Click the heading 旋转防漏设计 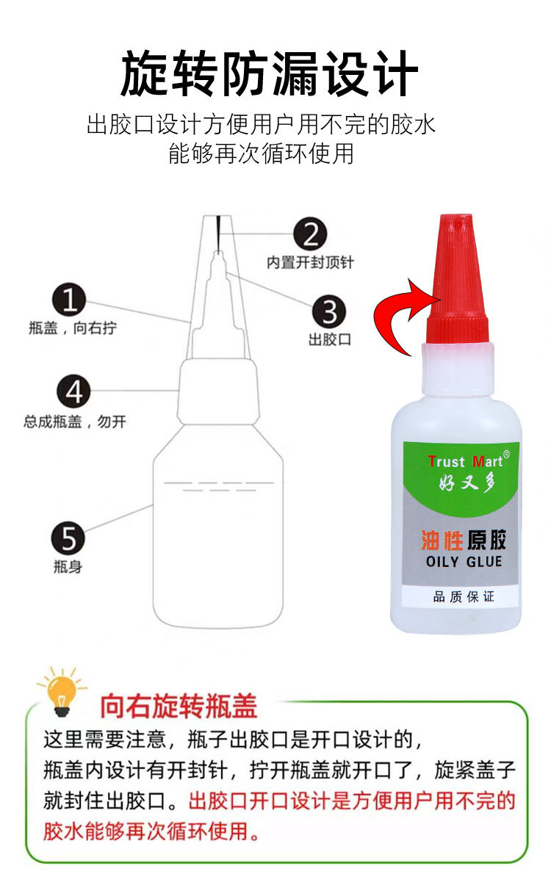[x=270, y=73]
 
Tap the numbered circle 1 [x=69, y=300]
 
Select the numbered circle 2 [x=311, y=234]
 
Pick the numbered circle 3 [x=329, y=311]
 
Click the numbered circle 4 [x=73, y=391]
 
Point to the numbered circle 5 [x=68, y=538]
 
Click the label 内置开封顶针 [x=310, y=262]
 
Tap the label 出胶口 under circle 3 [x=330, y=339]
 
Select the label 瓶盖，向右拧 [x=73, y=328]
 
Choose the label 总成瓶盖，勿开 [x=75, y=422]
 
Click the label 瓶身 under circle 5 [x=68, y=567]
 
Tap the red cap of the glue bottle [x=457, y=278]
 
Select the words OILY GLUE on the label [x=464, y=561]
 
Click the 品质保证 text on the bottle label [x=464, y=597]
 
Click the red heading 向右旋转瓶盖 [x=179, y=707]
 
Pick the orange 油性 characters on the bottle [x=442, y=540]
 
